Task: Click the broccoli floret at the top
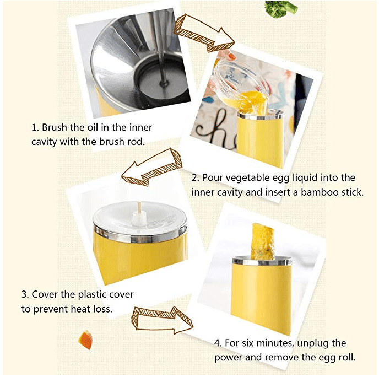coord(281,8)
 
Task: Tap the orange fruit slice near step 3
coord(85,340)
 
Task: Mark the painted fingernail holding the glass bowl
coord(231,56)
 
